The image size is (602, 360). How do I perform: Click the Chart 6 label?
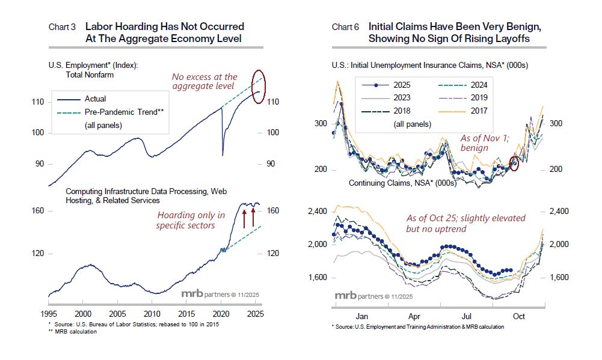(x=345, y=27)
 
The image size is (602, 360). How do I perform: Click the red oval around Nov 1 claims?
(x=515, y=163)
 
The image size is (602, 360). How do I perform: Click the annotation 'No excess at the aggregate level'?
(x=204, y=82)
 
